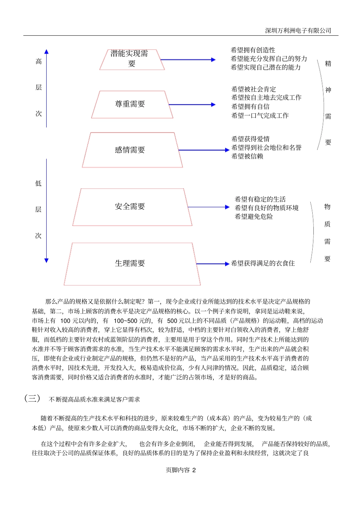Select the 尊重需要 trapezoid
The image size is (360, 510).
[131, 104]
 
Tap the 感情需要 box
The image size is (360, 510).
[131, 150]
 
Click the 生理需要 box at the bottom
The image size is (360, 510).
[131, 264]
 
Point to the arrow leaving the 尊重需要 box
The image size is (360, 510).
[192, 105]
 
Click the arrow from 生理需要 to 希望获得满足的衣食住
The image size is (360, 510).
[212, 264]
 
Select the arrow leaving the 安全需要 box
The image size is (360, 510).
[208, 207]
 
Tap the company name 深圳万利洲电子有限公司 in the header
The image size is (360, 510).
[298, 31]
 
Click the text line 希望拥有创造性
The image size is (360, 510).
[253, 50]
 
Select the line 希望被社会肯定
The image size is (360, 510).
[254, 89]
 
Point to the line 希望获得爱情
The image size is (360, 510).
[250, 139]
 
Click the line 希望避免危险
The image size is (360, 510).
[254, 217]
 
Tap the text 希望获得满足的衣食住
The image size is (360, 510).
[263, 263]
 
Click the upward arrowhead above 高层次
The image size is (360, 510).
[46, 52]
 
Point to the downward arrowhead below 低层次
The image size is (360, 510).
[46, 260]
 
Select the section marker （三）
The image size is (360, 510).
[32, 399]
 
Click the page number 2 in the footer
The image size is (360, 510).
[194, 470]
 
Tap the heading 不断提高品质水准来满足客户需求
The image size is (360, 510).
[94, 399]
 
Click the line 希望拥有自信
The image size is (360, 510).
[250, 107]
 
